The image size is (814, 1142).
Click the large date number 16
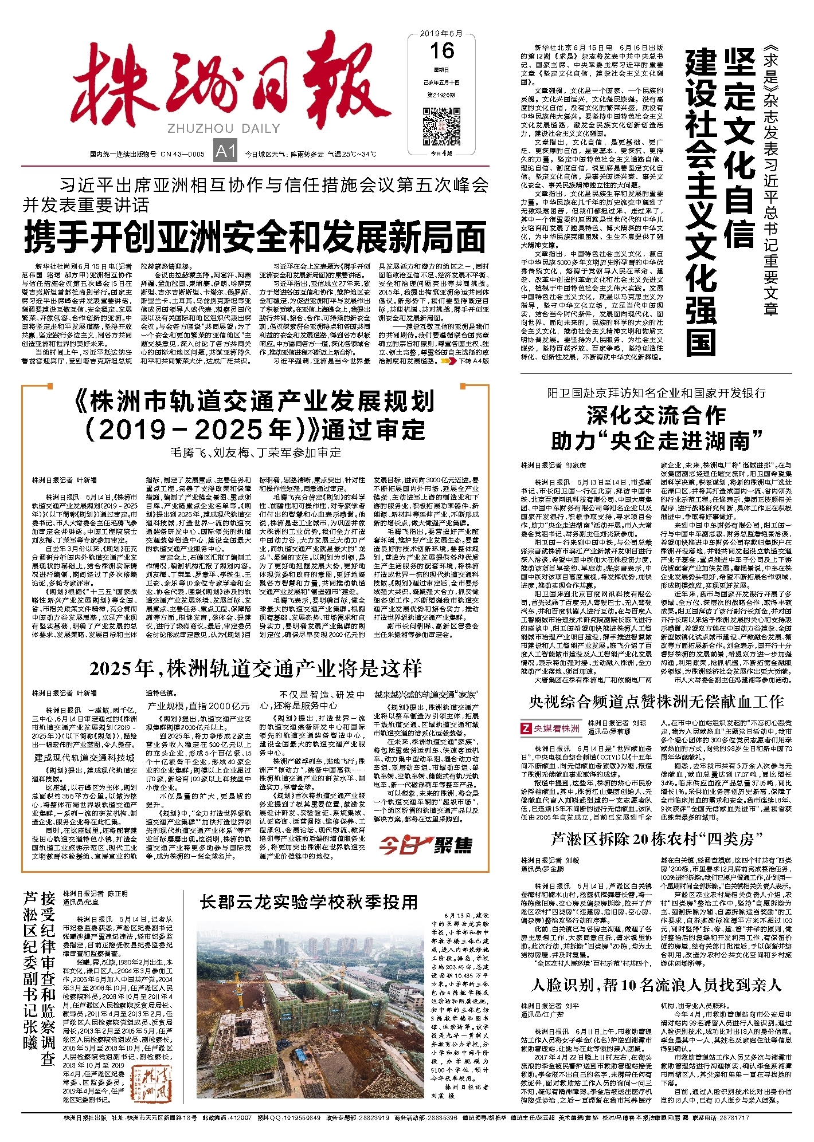[x=442, y=51]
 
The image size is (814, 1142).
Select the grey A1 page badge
[x=225, y=151]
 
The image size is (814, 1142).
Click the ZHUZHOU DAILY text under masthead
[x=224, y=128]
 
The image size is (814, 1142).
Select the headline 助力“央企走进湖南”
[x=656, y=441]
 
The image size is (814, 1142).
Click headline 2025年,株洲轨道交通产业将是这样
[x=256, y=668]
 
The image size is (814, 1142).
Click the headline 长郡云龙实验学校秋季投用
[x=309, y=902]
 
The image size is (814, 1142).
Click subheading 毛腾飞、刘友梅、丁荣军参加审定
[x=256, y=452]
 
